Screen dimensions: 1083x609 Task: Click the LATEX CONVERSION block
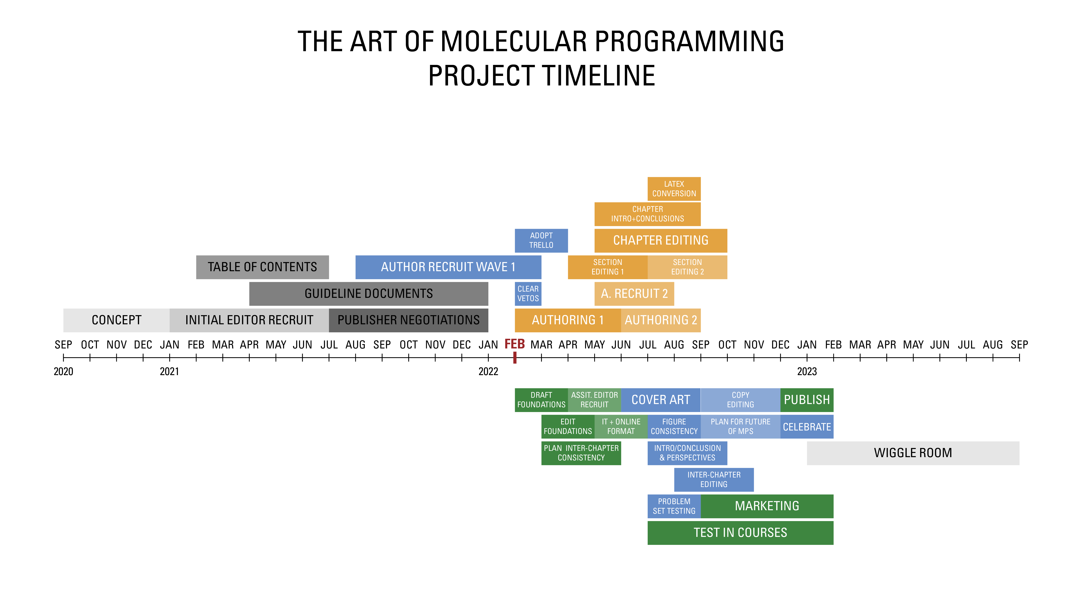(674, 189)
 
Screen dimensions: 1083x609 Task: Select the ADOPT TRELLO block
(541, 241)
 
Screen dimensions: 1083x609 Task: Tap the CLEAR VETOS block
(528, 294)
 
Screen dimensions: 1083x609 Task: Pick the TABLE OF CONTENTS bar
(262, 267)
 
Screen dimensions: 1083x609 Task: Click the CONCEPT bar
(116, 320)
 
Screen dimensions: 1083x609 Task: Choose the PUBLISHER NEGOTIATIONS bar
(408, 320)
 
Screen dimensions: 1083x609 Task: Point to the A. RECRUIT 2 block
(634, 294)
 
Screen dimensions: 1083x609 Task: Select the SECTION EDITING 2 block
(687, 267)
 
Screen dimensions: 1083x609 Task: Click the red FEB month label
(515, 344)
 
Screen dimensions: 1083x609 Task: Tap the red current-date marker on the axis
(515, 358)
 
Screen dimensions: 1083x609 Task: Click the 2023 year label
(807, 371)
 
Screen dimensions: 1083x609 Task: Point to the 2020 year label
(64, 371)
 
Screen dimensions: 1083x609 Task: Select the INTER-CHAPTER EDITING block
(714, 479)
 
